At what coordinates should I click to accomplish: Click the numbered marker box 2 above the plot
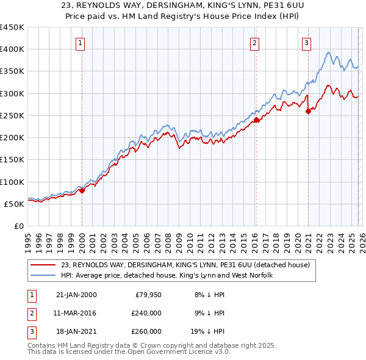[254, 43]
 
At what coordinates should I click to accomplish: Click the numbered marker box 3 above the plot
[306, 43]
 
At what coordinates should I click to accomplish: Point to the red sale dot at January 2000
[82, 190]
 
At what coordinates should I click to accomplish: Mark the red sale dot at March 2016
[256, 120]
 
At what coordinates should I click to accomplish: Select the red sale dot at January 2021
[309, 111]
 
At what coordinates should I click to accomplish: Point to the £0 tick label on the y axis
[19, 226]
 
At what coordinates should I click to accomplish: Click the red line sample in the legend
[43, 265]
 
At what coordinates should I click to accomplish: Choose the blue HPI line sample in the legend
[43, 275]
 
